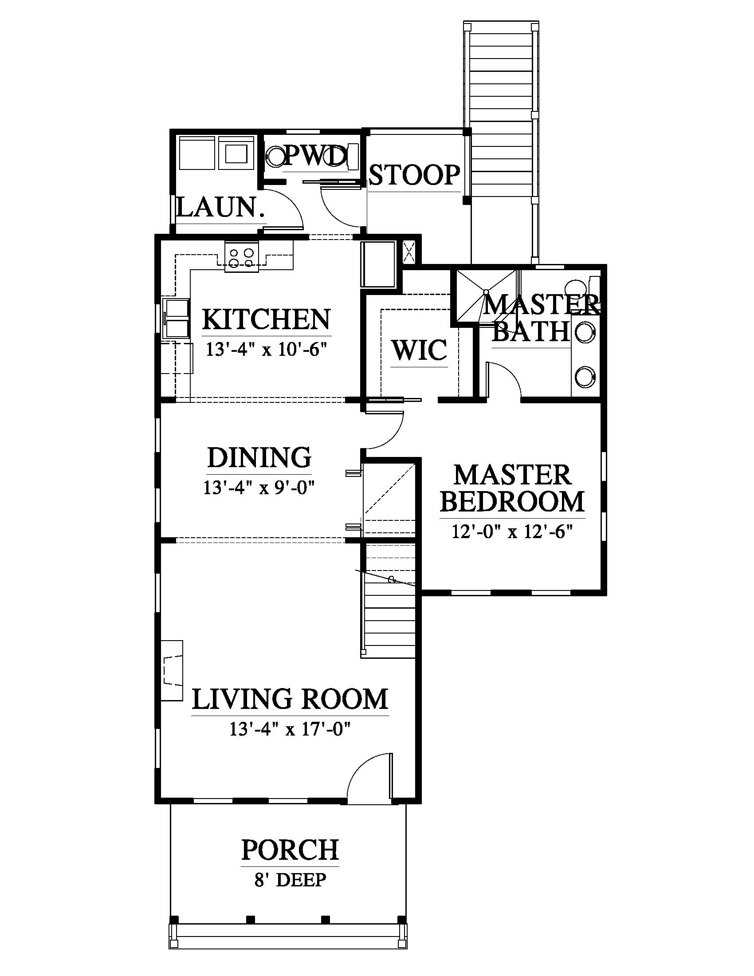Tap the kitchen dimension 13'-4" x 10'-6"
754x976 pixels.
pos(267,349)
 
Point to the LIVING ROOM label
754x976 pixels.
pos(290,699)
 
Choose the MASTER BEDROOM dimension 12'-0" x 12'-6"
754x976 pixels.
pos(512,532)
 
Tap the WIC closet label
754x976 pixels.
pos(420,350)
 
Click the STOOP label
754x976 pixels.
pos(415,174)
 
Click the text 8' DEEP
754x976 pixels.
pos(291,880)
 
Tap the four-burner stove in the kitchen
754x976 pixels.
pos(242,257)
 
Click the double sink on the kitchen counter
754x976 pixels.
pos(177,318)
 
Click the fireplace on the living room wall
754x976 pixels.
pos(172,670)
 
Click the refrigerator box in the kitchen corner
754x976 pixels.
pos(378,264)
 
